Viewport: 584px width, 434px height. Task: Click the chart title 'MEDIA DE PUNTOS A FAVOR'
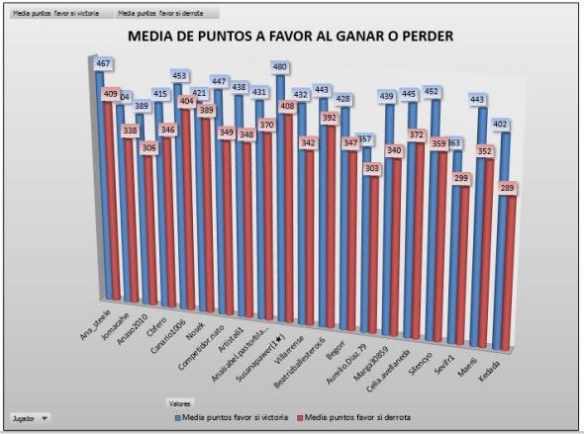coord(291,37)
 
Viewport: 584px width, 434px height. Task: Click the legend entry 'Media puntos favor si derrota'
coord(355,418)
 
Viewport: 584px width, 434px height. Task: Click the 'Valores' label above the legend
coord(180,403)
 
